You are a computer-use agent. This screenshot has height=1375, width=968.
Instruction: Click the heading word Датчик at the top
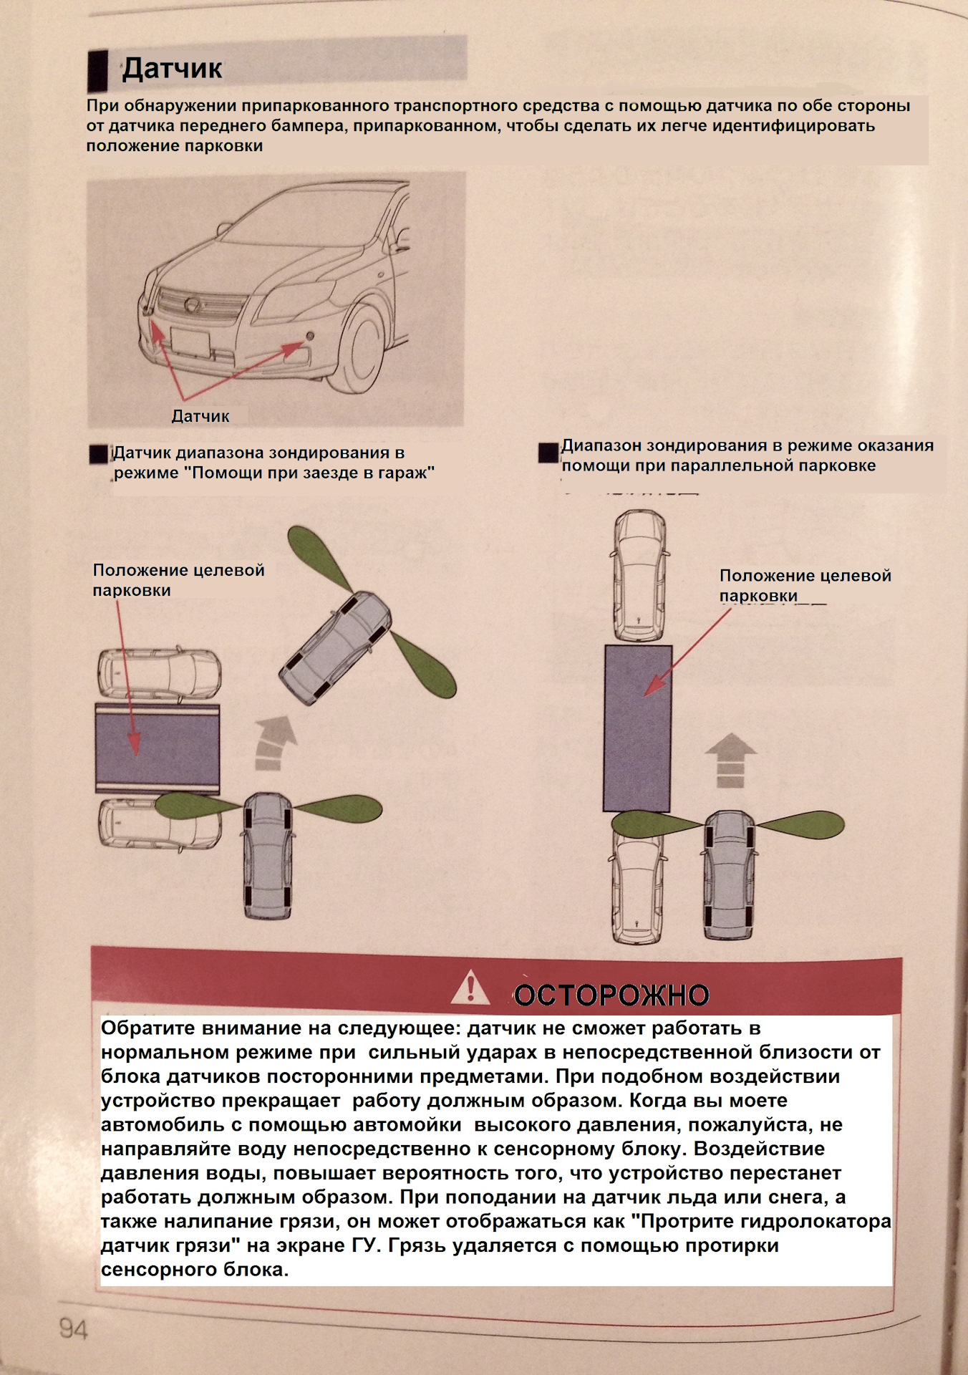point(172,69)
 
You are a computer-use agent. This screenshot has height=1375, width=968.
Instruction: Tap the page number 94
point(73,1329)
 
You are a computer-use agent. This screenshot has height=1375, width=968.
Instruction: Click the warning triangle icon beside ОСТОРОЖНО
point(470,988)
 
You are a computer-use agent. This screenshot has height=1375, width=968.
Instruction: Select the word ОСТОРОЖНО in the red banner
point(611,995)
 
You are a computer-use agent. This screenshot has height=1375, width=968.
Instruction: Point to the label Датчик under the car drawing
point(200,416)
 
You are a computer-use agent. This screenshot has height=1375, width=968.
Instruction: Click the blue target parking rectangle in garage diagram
point(158,749)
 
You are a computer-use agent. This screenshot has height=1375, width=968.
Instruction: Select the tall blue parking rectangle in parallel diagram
point(637,728)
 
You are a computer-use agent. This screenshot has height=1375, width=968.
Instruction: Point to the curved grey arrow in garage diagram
point(274,742)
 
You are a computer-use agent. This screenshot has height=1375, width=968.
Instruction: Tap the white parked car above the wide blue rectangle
point(159,673)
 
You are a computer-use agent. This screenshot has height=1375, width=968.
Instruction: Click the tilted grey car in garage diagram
point(335,647)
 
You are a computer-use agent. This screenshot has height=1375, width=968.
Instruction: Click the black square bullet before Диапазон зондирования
point(548,453)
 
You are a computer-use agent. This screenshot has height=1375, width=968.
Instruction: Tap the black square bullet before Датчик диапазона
point(99,454)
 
